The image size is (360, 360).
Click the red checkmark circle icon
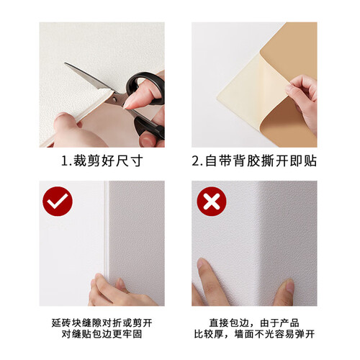58,201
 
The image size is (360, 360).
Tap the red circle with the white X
212,201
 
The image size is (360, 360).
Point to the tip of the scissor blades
65,63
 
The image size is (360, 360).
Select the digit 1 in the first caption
65,161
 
